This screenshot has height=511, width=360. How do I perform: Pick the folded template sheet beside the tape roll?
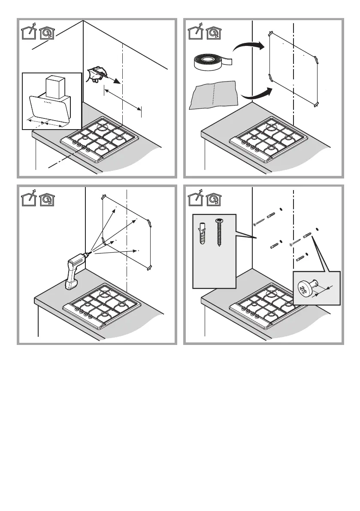point(214,95)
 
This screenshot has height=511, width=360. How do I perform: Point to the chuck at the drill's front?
point(88,254)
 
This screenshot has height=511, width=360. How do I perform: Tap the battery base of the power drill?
point(71,284)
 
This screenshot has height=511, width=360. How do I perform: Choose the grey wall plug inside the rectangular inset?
point(204,233)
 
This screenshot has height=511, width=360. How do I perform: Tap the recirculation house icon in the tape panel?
point(213,32)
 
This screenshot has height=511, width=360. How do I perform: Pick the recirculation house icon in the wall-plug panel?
point(213,200)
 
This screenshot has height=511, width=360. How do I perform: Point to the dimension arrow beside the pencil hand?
point(122,100)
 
